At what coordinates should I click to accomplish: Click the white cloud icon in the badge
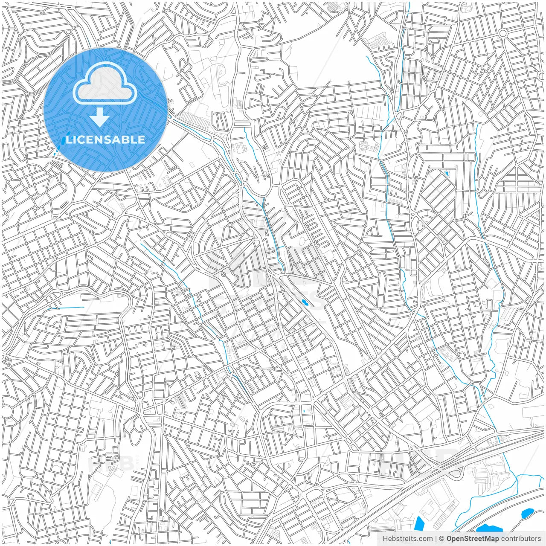105,84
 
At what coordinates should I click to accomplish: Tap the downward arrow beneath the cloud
100,117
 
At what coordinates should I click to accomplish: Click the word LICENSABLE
106,139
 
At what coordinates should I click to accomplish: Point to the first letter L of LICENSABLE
69,139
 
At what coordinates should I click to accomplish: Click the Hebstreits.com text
407,539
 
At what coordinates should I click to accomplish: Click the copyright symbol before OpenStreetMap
442,539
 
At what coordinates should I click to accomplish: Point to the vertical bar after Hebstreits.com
436,539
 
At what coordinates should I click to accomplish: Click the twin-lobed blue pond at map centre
305,303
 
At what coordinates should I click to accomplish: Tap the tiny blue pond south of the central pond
304,411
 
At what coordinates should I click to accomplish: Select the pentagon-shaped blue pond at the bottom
419,523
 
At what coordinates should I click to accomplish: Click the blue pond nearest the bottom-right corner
528,513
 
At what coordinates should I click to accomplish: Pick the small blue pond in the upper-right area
447,174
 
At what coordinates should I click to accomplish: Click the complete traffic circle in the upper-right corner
503,33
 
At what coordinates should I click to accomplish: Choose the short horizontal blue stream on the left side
66,308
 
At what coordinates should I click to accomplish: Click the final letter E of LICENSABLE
141,139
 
